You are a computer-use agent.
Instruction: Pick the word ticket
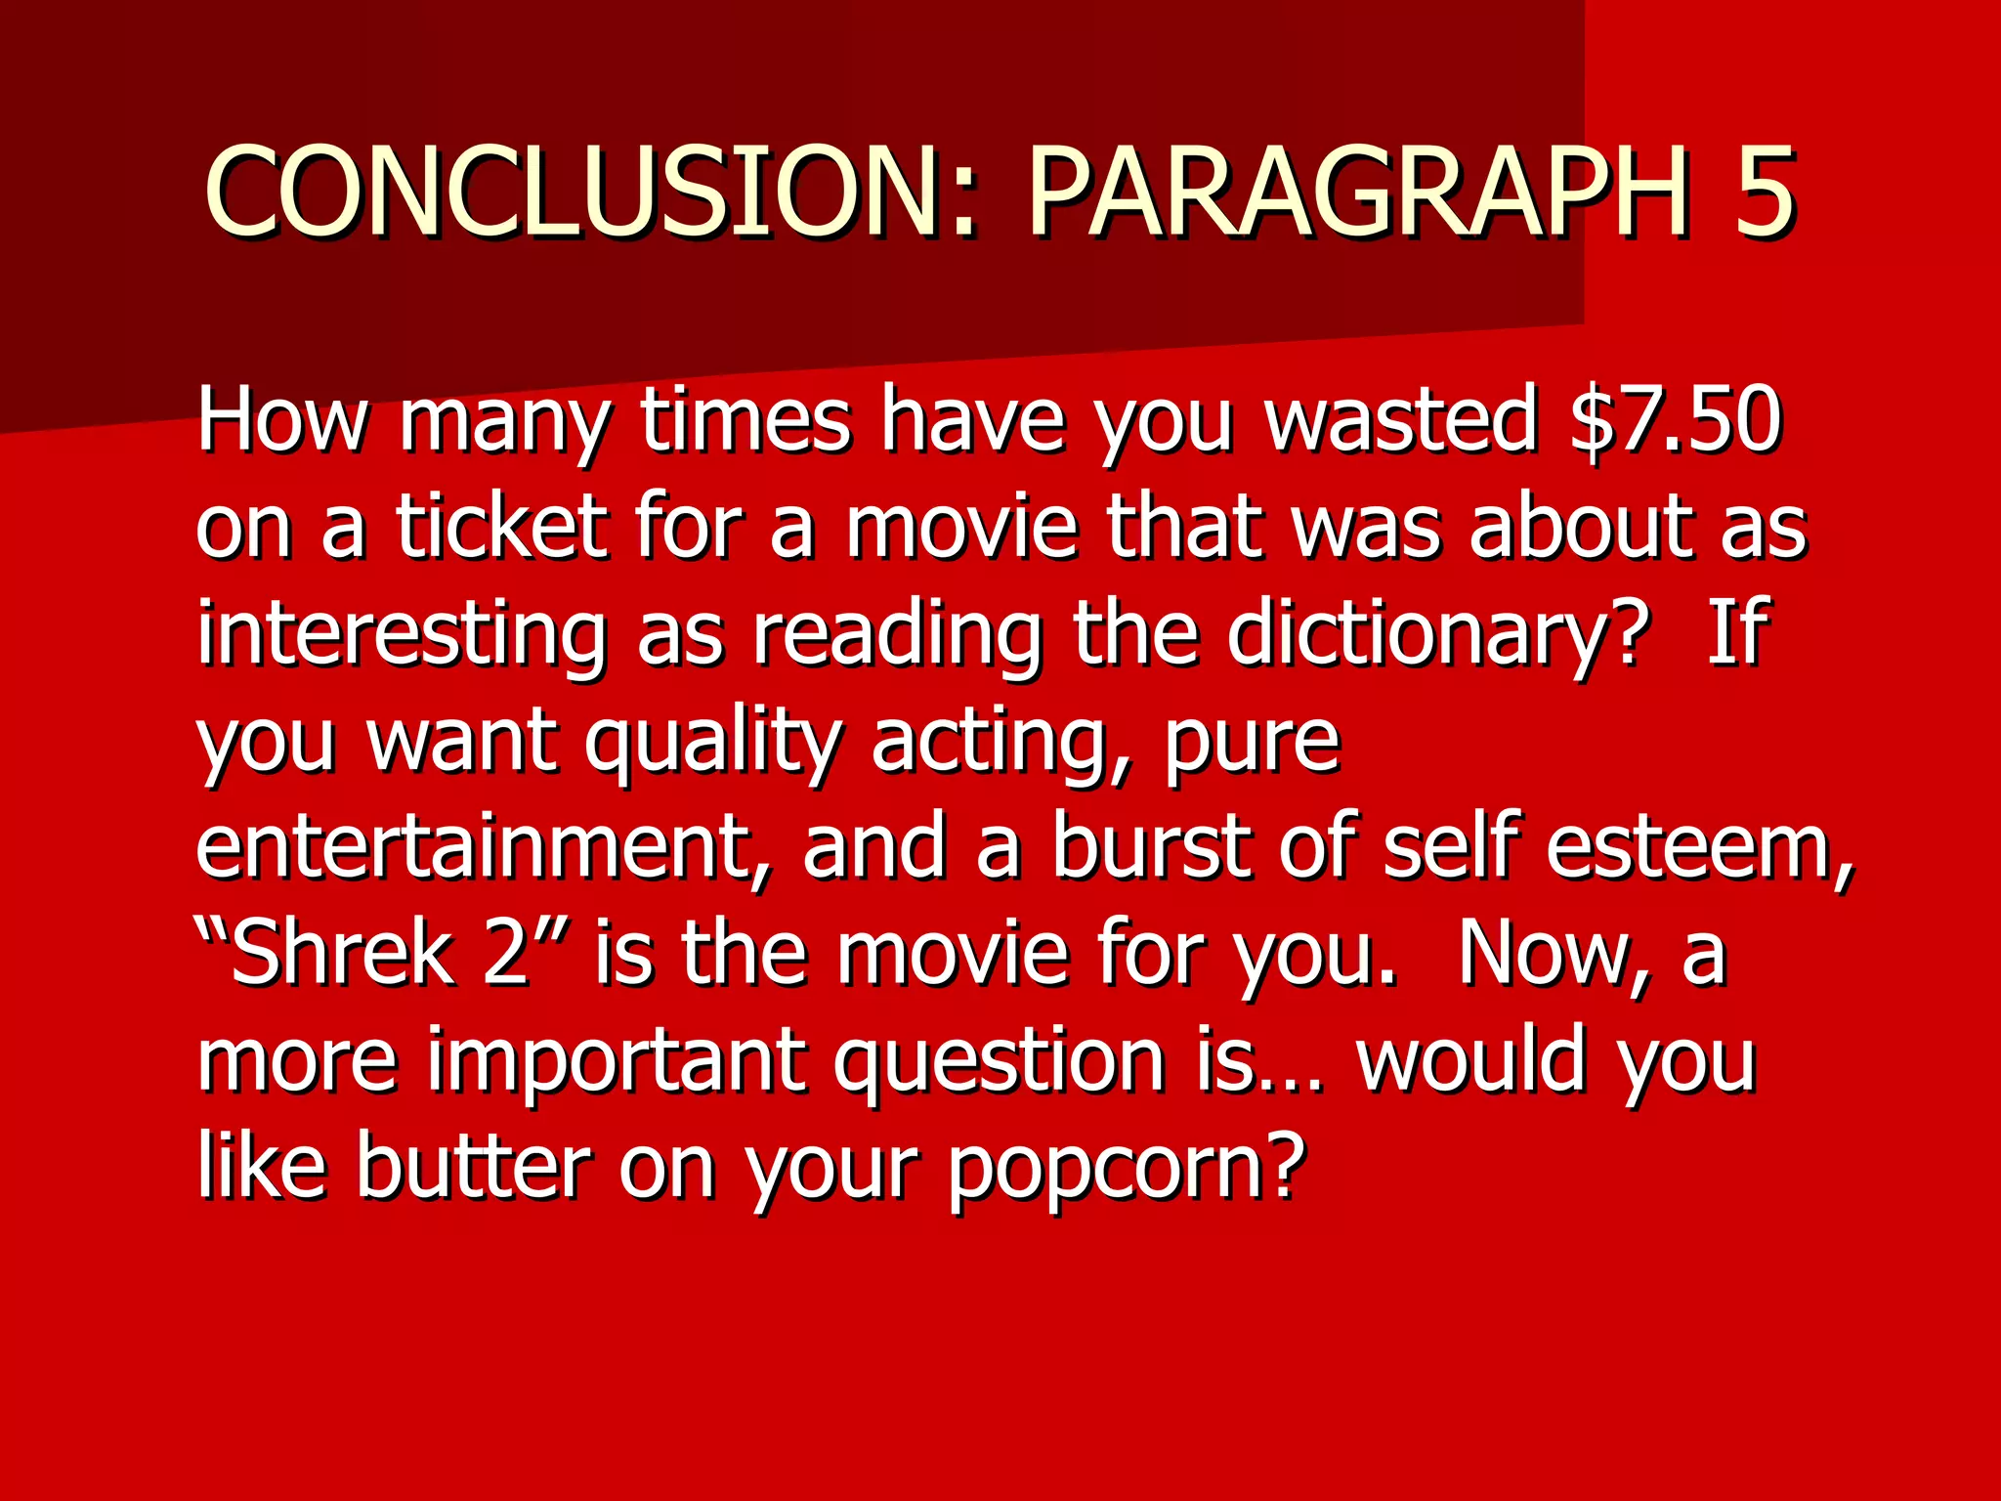coord(501,528)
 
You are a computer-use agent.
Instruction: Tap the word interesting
coord(402,635)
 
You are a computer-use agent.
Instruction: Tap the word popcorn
coord(1125,1169)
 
